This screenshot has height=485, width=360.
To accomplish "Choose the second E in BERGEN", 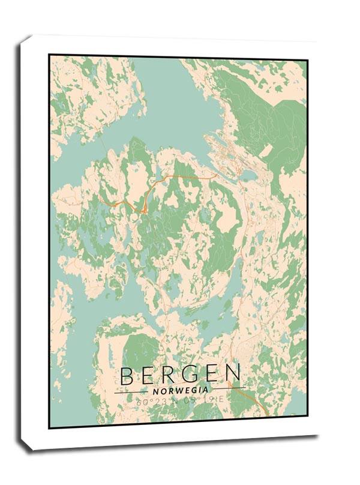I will click(209, 375).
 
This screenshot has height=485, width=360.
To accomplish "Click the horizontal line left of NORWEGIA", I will click(132, 391).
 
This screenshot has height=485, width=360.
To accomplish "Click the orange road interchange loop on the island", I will click(144, 209).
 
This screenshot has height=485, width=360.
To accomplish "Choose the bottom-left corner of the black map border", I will click(50, 427).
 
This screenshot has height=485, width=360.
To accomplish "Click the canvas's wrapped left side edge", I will click(24, 240).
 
